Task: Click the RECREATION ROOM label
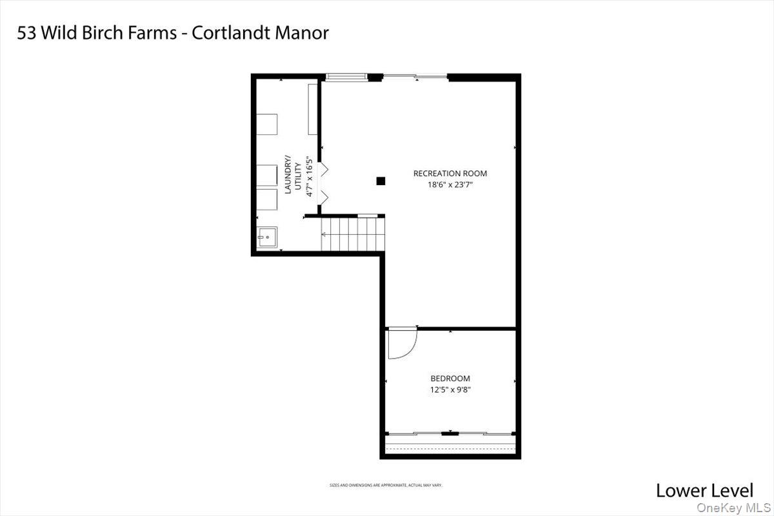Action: click(x=450, y=174)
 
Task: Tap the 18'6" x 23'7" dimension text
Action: click(x=450, y=184)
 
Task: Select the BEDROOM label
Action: click(x=450, y=379)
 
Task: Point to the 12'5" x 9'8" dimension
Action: click(x=450, y=389)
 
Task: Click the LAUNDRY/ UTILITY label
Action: click(x=292, y=175)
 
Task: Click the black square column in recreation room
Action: click(x=381, y=181)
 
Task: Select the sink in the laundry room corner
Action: click(x=268, y=237)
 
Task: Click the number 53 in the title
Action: click(x=26, y=33)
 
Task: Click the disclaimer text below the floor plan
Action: click(x=386, y=485)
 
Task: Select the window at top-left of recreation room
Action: click(x=346, y=77)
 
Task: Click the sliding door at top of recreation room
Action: click(x=415, y=77)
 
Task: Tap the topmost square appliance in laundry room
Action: click(x=268, y=124)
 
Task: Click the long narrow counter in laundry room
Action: click(x=313, y=108)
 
